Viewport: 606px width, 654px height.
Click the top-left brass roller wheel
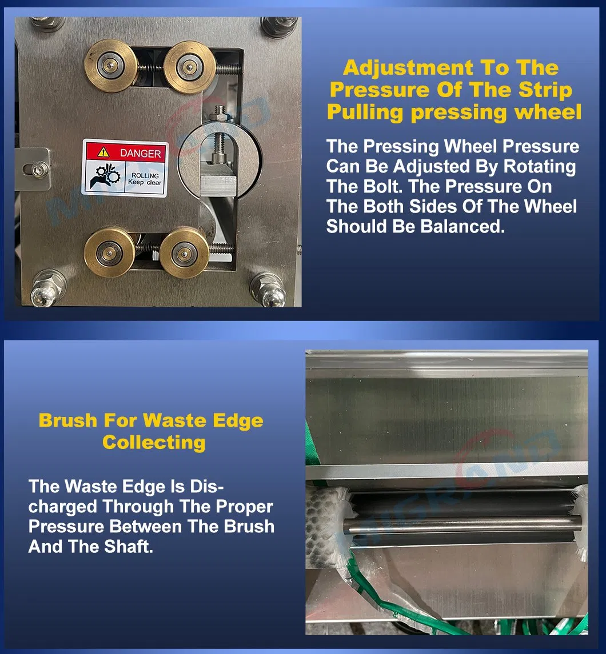(110, 66)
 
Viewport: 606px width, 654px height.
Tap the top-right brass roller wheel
(189, 67)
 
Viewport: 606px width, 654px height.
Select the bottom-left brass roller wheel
(109, 252)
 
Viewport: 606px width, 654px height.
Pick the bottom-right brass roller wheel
(184, 253)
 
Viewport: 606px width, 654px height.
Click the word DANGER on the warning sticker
(140, 153)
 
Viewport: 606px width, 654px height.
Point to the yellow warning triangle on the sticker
(103, 153)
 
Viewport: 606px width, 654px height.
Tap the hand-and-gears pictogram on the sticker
(105, 176)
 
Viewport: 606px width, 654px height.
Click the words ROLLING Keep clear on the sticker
(145, 179)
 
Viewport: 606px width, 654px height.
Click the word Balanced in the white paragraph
(463, 227)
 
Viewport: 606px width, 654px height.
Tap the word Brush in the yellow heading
(68, 420)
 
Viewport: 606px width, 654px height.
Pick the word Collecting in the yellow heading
(154, 443)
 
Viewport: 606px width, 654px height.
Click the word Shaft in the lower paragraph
(129, 547)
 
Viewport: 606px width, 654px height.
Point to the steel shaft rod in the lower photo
(462, 526)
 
